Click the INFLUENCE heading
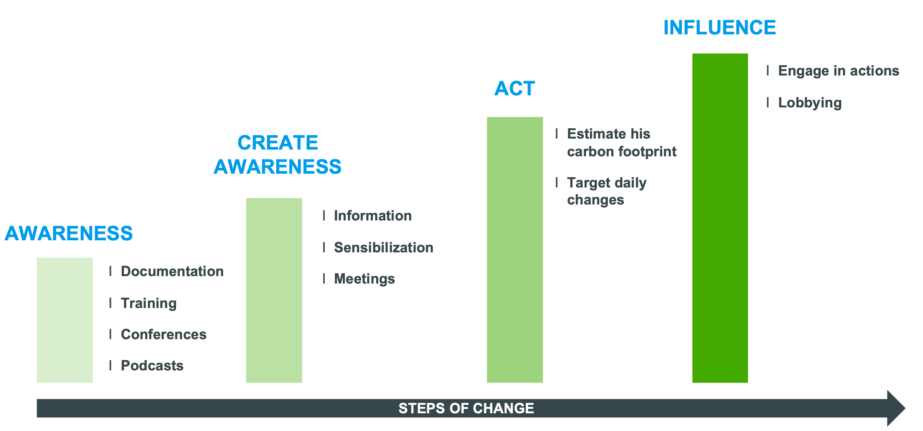tap(719, 28)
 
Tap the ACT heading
tap(515, 88)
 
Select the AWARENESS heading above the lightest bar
tap(68, 233)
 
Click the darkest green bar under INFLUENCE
tap(720, 218)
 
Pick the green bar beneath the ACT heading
tap(515, 250)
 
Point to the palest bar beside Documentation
tap(65, 320)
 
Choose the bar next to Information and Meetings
tap(274, 290)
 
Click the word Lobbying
tap(810, 103)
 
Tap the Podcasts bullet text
tap(152, 365)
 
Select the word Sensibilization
tap(383, 247)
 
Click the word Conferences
tap(163, 334)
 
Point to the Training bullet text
tap(149, 303)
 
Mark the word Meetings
tap(364, 279)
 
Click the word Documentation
tap(172, 271)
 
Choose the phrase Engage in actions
tap(838, 71)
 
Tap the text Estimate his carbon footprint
tap(622, 143)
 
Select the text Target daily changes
tap(607, 191)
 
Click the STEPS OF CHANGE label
tap(466, 408)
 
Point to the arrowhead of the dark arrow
tap(905, 408)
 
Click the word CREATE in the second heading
tap(278, 143)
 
